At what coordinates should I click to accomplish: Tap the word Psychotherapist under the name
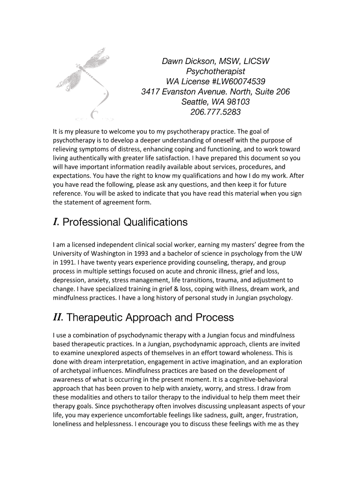(216, 71)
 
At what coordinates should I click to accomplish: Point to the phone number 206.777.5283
(216, 112)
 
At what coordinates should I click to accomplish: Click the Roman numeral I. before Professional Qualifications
(56, 222)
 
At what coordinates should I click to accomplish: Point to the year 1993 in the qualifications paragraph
(136, 253)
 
